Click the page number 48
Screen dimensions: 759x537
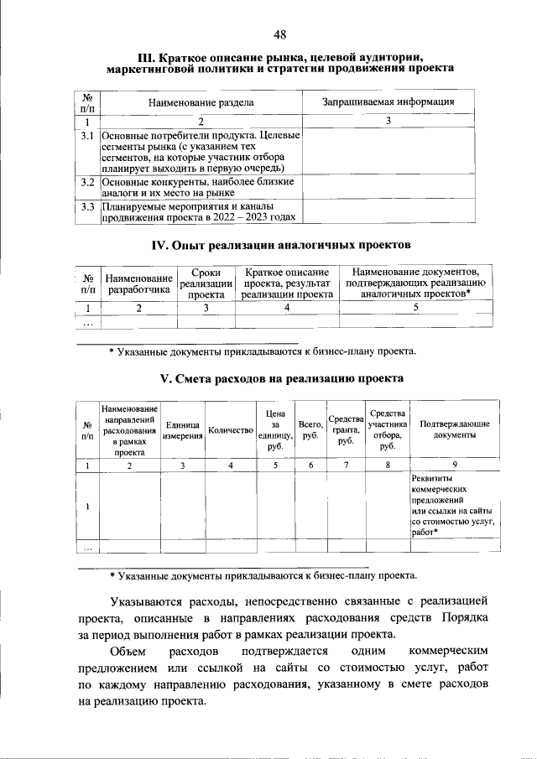tap(280, 34)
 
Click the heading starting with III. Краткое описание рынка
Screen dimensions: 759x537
tap(280, 61)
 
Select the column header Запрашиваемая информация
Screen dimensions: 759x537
tap(388, 102)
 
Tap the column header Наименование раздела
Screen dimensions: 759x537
tap(201, 102)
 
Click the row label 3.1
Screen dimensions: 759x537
tap(86, 134)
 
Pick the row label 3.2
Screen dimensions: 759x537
tap(86, 181)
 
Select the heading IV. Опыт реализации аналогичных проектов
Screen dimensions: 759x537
tap(280, 245)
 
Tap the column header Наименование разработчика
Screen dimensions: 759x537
tap(138, 283)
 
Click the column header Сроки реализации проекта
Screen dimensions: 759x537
tap(206, 283)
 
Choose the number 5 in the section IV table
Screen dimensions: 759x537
tap(415, 308)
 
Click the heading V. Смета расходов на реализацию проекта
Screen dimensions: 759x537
tap(280, 378)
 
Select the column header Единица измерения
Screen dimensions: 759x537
tap(182, 430)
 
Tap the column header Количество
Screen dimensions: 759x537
tap(231, 430)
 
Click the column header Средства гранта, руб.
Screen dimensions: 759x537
tap(345, 430)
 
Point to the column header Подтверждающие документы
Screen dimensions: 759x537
tap(455, 430)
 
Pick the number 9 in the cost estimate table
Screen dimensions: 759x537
tap(455, 464)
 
